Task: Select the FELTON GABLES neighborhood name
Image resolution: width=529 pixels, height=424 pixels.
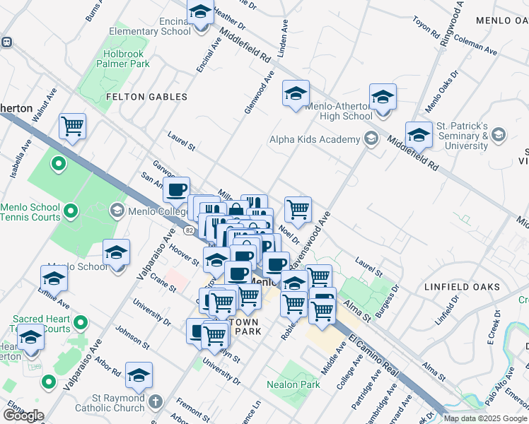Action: (146, 97)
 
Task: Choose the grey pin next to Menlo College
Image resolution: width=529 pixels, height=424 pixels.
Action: (117, 211)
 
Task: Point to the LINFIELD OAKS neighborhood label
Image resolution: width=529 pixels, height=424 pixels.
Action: (462, 287)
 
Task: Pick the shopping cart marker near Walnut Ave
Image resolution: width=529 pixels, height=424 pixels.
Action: (72, 126)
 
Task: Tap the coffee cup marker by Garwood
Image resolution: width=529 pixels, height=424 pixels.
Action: (176, 189)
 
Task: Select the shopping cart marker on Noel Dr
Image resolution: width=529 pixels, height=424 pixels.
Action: (298, 208)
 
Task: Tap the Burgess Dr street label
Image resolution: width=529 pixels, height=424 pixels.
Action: (393, 299)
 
